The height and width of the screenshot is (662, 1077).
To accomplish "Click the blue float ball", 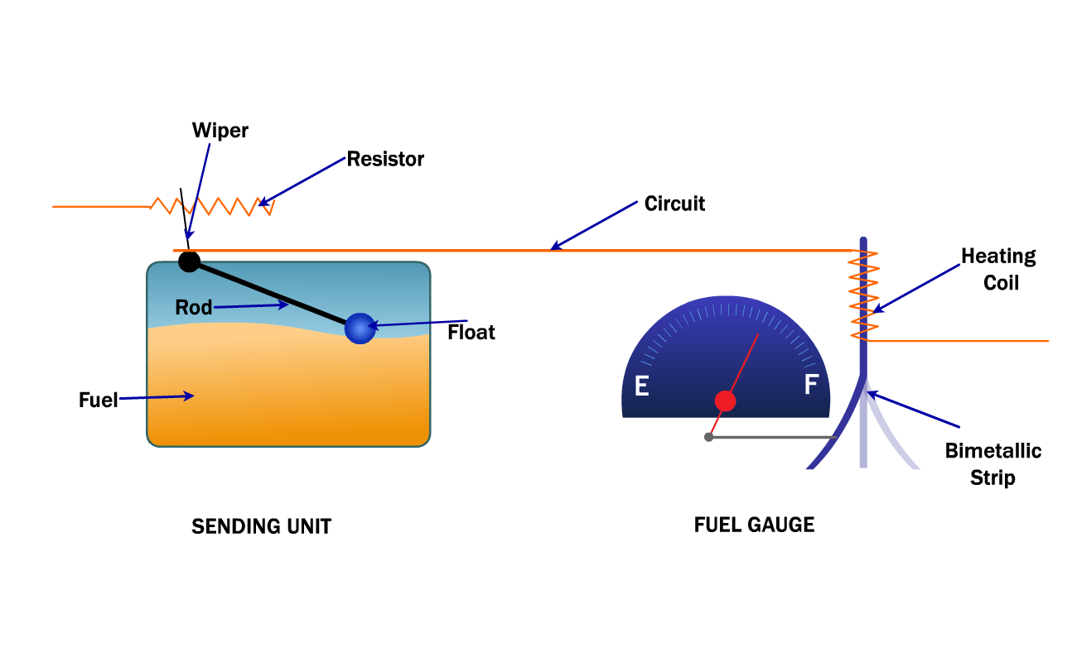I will click(x=360, y=329).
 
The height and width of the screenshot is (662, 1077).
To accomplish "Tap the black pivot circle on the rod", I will click(x=189, y=261).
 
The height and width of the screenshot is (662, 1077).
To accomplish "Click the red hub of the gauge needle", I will click(x=725, y=401).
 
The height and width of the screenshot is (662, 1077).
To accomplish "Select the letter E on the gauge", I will click(x=641, y=386).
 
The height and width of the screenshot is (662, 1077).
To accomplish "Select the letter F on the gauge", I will click(x=811, y=385).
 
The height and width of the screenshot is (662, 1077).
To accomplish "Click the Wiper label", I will click(x=220, y=131).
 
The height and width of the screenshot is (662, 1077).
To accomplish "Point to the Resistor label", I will click(x=385, y=159).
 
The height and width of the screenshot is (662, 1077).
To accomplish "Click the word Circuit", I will click(x=674, y=204).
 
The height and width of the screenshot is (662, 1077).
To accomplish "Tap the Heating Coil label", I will click(x=999, y=269).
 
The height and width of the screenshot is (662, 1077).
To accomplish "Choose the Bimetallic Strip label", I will click(x=993, y=464).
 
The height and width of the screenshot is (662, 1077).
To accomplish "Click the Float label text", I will click(x=471, y=333).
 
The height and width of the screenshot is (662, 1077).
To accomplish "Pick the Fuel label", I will click(x=98, y=400).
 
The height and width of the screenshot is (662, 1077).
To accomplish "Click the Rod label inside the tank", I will click(x=193, y=308).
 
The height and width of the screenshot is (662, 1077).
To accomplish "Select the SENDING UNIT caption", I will click(x=261, y=526).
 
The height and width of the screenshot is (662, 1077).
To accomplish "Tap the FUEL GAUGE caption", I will click(x=754, y=525).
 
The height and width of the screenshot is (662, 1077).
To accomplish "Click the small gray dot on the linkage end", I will click(x=708, y=437).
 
